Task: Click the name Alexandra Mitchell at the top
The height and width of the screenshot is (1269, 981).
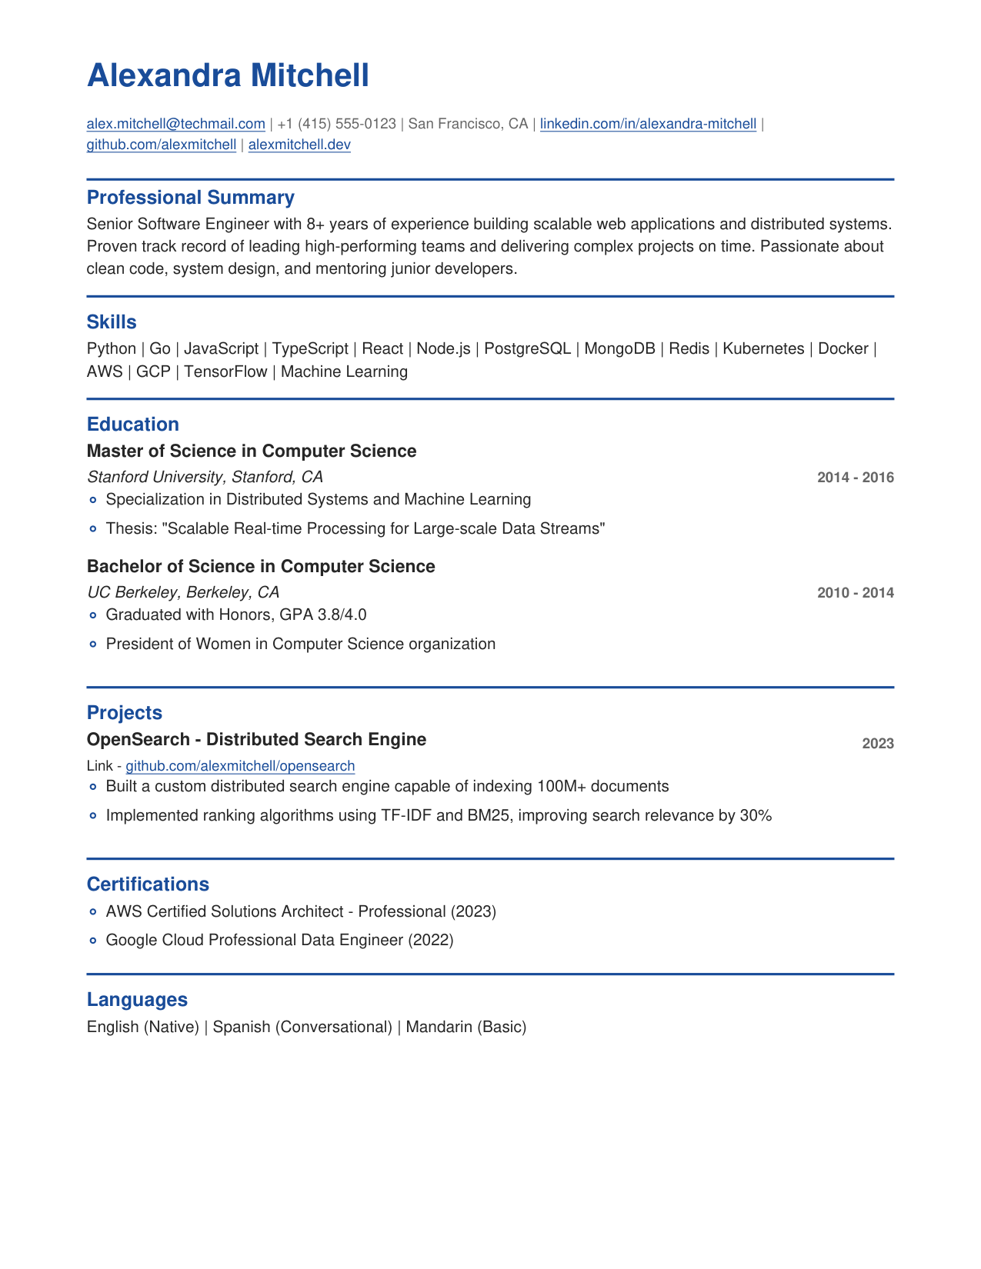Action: (228, 76)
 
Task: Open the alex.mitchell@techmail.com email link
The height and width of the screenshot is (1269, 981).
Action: (175, 124)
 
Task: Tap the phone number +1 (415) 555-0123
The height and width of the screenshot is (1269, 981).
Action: (336, 124)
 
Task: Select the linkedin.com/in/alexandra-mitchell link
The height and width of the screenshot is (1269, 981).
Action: (648, 124)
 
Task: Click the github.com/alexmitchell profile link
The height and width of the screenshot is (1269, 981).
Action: (162, 145)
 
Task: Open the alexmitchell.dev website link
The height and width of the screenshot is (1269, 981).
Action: (299, 145)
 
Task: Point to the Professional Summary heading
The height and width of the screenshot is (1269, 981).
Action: (190, 198)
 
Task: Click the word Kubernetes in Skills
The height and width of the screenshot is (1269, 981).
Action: (763, 349)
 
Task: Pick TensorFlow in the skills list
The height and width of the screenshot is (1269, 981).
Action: (225, 372)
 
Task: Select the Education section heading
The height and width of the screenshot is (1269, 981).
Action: (132, 425)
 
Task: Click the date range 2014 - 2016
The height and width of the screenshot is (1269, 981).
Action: (855, 478)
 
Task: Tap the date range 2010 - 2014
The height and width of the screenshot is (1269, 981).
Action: (855, 593)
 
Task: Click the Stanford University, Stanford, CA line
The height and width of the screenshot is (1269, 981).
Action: (205, 477)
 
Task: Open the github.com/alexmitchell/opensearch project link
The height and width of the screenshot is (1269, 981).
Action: (240, 766)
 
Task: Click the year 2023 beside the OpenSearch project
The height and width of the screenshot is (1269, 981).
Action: (877, 744)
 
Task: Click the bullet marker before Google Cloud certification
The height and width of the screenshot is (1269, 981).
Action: (93, 941)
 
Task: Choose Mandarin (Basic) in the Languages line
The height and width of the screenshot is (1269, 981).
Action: (465, 1028)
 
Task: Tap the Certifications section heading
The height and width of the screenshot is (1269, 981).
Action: (148, 884)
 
